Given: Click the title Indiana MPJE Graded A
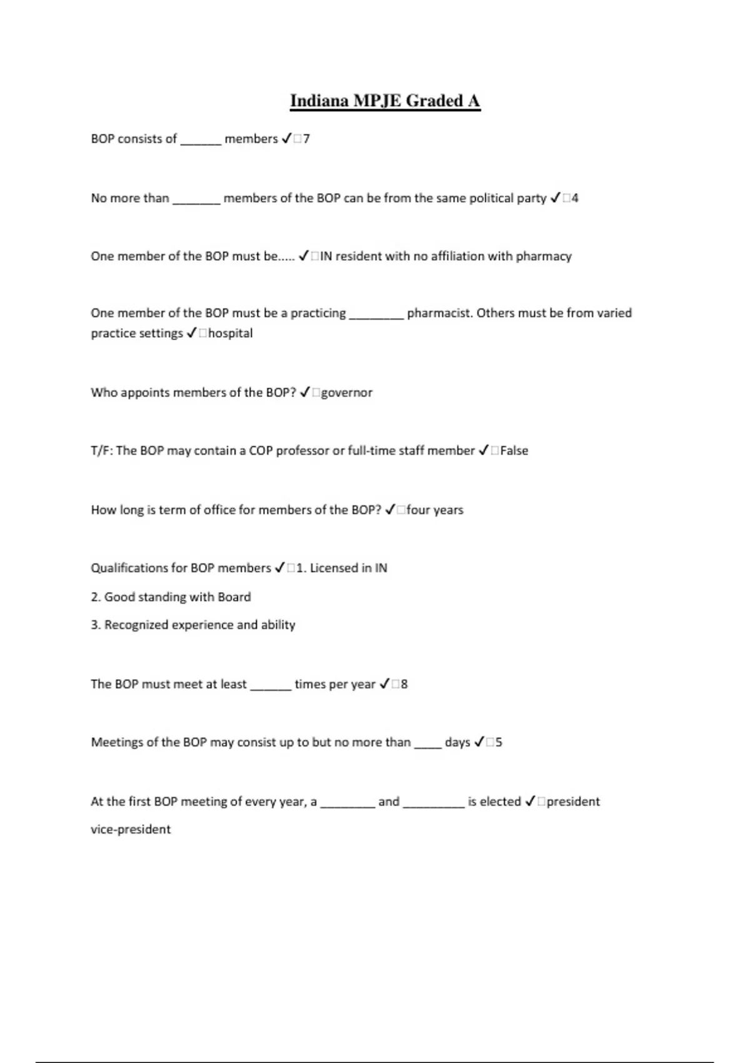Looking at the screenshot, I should click(x=385, y=101).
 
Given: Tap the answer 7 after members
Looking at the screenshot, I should click(x=306, y=139).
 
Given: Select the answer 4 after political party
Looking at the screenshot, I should click(x=574, y=198).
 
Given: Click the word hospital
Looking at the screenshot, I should click(x=230, y=333).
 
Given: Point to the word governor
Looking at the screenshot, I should click(x=346, y=393).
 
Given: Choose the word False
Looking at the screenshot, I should click(x=514, y=451).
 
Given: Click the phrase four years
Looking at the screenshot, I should click(x=434, y=510).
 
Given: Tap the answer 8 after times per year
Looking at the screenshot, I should click(x=404, y=684).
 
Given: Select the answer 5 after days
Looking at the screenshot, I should click(x=498, y=742).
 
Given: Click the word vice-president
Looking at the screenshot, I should click(x=131, y=830).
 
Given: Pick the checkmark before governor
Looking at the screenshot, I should click(x=305, y=393).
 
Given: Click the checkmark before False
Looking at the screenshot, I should click(x=484, y=451).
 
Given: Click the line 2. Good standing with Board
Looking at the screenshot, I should click(x=171, y=597).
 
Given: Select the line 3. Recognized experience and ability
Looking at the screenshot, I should click(x=192, y=625).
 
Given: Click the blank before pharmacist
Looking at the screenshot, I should click(x=376, y=316).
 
